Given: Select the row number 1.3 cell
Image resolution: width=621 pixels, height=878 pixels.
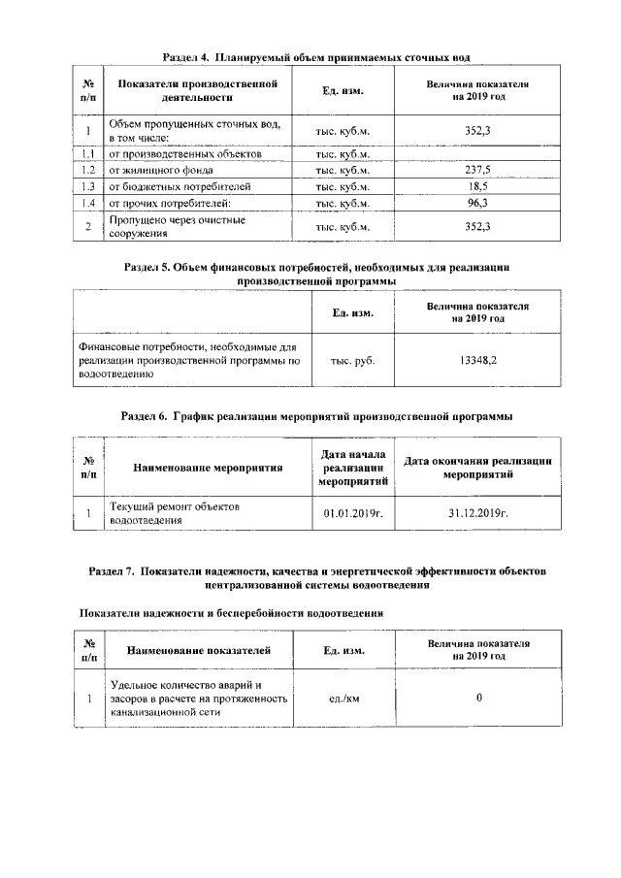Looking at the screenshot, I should [x=87, y=185].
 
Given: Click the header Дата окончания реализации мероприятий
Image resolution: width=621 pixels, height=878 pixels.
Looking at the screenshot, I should [x=478, y=468].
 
